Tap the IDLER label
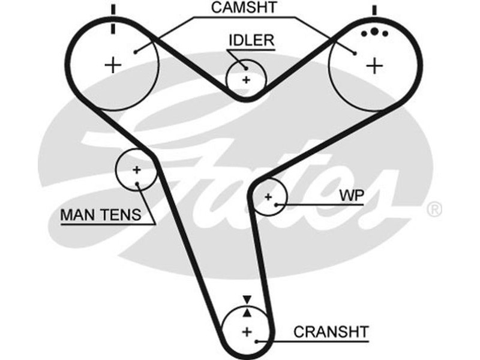251,41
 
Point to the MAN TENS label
100,214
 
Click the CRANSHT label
331,331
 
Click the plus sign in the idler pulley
245,79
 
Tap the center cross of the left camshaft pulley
113,64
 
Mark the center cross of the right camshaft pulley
374,65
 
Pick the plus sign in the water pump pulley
268,196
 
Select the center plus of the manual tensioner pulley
136,170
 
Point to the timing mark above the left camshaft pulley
112,18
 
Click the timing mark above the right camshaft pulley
374,10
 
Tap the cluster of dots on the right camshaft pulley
373,32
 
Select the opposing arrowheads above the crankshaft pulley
246,305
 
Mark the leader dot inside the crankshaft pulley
257,341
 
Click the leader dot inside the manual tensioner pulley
139,183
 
